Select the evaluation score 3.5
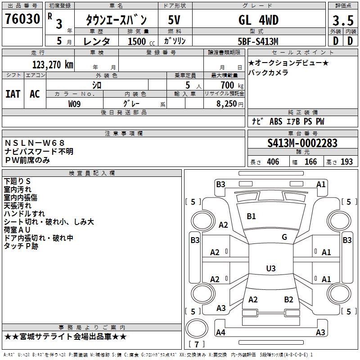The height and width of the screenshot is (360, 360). click(x=342, y=21)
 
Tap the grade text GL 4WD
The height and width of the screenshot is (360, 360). click(x=258, y=20)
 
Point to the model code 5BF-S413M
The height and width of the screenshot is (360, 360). click(x=258, y=41)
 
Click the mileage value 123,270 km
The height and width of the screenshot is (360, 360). click(x=53, y=64)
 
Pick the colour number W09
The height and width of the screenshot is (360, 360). click(x=75, y=104)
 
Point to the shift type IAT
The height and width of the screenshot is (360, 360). click(x=13, y=94)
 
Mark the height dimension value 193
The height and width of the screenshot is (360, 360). click(x=346, y=162)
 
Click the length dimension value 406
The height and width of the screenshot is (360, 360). click(x=272, y=162)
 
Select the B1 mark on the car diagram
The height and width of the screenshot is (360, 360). click(x=251, y=216)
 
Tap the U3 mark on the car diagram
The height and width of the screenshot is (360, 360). click(x=270, y=269)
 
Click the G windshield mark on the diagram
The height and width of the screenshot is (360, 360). click(x=284, y=237)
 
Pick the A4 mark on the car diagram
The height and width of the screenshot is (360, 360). click(x=220, y=333)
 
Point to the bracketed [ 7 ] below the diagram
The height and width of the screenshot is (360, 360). click(x=197, y=345)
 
